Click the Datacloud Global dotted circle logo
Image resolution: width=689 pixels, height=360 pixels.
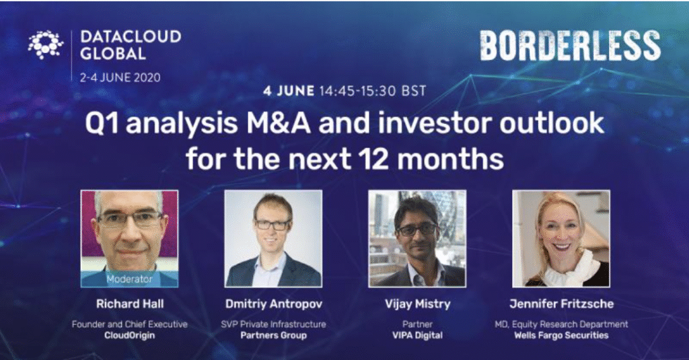point(46,44)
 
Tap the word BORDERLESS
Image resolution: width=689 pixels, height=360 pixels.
point(570,46)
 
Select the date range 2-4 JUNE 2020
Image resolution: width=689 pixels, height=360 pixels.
point(120,78)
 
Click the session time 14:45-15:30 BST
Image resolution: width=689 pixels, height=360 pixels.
point(373,91)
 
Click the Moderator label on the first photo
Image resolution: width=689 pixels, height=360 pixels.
point(129,279)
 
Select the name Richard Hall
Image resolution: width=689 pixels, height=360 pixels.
point(130,303)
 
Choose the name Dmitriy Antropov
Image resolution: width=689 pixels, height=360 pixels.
point(274,303)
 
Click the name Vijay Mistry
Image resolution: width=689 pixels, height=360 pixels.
point(417,304)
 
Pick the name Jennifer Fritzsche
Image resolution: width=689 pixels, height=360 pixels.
point(562,303)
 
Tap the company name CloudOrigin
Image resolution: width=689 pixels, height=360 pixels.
point(130,335)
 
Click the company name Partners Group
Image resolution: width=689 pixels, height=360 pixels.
point(273,335)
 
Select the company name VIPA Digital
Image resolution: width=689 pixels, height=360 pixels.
point(417,335)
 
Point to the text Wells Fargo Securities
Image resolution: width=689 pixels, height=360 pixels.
point(562,335)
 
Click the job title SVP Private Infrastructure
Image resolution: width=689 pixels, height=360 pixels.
point(273,324)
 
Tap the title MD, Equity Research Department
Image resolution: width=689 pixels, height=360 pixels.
point(562,324)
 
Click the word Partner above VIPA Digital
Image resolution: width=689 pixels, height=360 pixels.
point(417,324)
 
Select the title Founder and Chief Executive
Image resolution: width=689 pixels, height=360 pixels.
point(130,324)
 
